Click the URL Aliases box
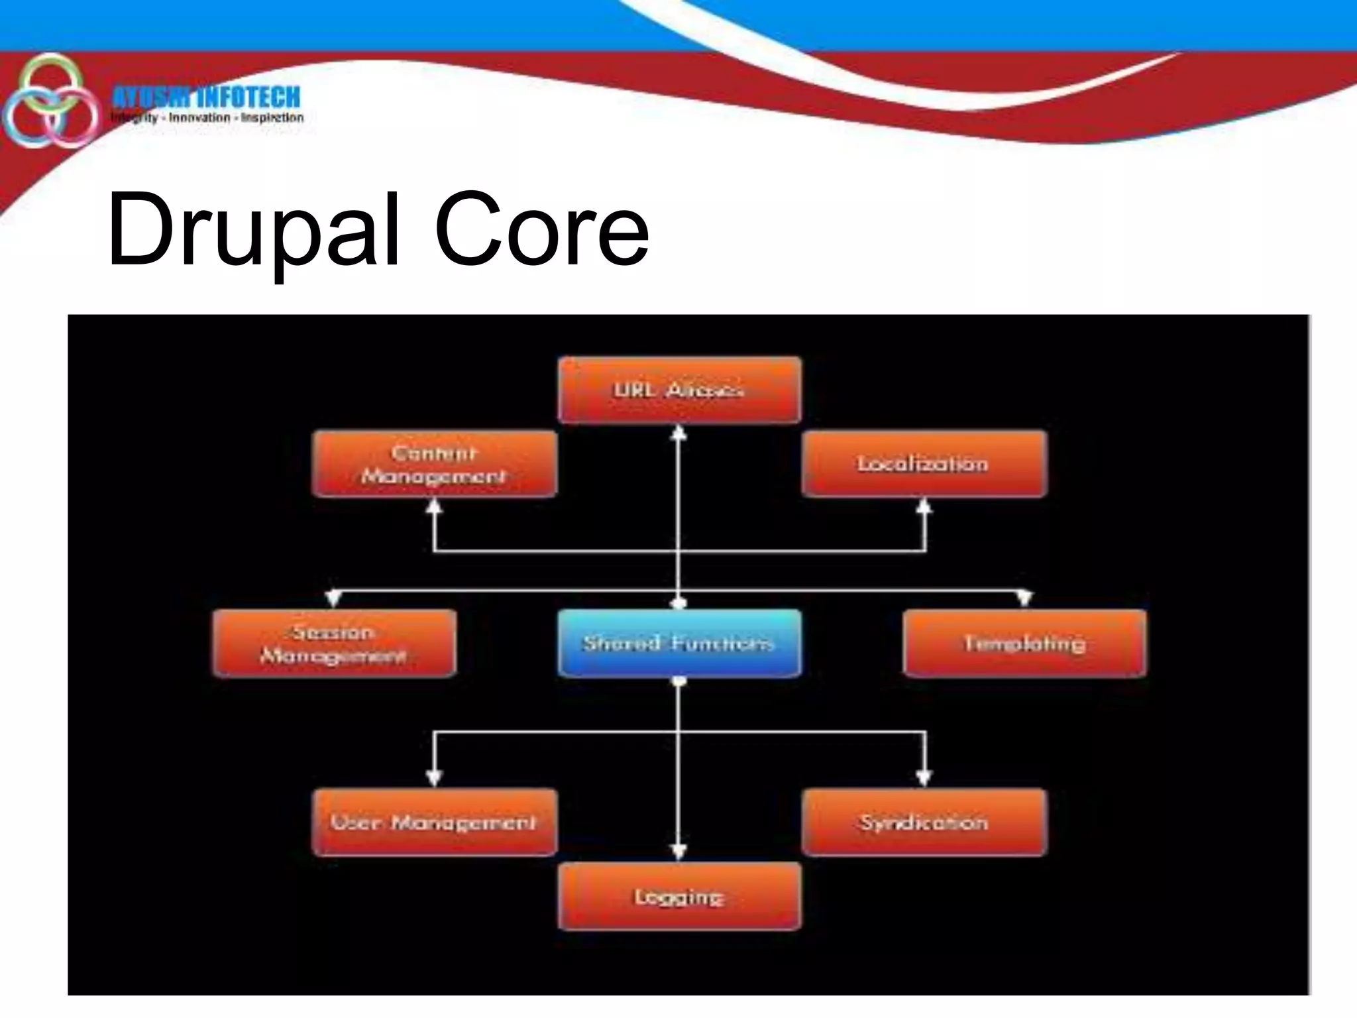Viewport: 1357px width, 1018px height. (679, 390)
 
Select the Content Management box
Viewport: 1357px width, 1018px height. (434, 464)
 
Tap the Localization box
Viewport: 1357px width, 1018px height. (924, 464)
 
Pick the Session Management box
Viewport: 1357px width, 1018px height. (334, 644)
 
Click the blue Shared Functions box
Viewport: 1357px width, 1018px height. (679, 644)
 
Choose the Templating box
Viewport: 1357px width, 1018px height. (1024, 644)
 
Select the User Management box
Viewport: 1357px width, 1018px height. (434, 822)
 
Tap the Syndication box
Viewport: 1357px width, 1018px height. (924, 822)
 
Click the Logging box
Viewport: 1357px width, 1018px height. (679, 897)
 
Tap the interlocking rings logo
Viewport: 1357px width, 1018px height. (50, 101)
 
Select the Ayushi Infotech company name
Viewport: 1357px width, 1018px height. (206, 97)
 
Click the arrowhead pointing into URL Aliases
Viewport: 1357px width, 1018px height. (678, 433)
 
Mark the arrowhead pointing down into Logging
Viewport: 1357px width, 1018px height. (678, 852)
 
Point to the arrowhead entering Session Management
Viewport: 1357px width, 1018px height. (334, 598)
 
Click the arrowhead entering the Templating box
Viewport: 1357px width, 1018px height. (1024, 598)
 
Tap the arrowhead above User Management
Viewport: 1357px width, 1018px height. (434, 777)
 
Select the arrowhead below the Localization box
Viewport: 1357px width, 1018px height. (924, 508)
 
